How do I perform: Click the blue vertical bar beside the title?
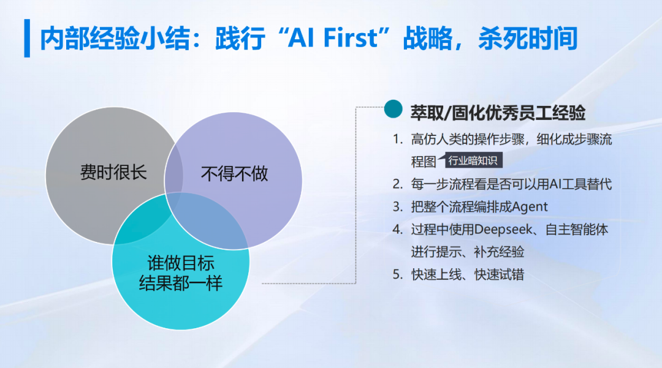coord(27,38)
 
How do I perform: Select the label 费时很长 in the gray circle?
coord(113,172)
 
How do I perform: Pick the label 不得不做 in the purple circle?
coord(235,174)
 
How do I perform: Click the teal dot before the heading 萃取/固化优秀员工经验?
coord(392,109)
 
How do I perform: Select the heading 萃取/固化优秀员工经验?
coord(498,113)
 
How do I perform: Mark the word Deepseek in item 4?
coord(501,230)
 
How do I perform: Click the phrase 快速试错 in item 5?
coord(499,275)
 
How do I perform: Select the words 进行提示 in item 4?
coord(433,252)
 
